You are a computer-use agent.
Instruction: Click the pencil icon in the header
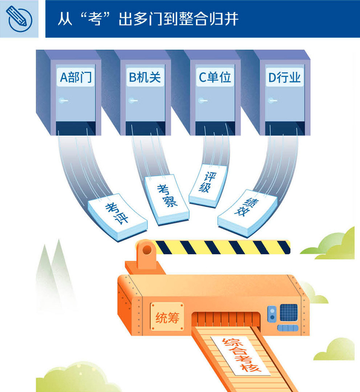tap(19, 19)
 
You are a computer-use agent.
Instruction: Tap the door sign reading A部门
tap(76, 77)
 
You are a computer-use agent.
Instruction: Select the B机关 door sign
tap(145, 77)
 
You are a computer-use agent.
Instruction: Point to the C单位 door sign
tap(215, 77)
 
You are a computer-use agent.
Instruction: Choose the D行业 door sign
tap(284, 77)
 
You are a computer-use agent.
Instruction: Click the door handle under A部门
tap(63, 101)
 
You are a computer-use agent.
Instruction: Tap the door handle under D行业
tap(272, 101)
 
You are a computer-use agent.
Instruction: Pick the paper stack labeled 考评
tap(118, 216)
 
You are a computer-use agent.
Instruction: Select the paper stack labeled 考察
tap(167, 199)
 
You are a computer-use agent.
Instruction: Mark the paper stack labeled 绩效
tap(248, 213)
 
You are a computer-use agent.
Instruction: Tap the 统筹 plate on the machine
tap(167, 318)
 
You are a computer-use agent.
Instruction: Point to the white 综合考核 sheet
tap(241, 355)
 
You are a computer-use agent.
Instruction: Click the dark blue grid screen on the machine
tap(289, 312)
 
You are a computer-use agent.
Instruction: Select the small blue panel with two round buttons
tap(272, 314)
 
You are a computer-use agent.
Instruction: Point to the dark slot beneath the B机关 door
tap(145, 128)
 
